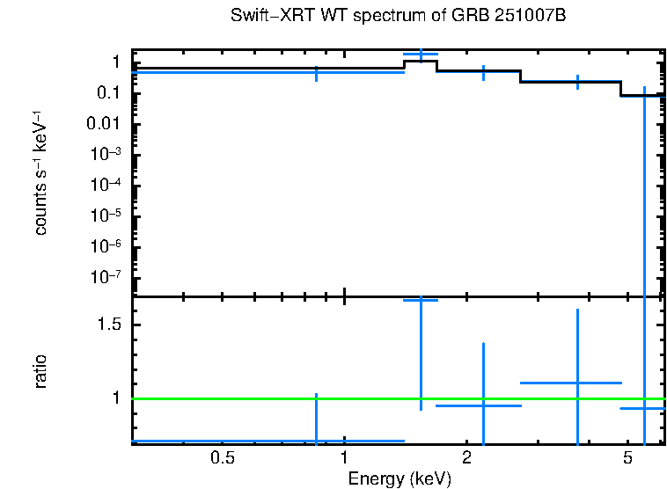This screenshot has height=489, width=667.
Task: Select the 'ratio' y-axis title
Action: pyautogui.click(x=40, y=371)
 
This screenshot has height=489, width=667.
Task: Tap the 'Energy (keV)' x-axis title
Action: pyautogui.click(x=399, y=479)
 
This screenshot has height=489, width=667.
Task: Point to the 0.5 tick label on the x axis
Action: pyautogui.click(x=223, y=458)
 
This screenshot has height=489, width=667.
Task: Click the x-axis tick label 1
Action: pyautogui.click(x=343, y=458)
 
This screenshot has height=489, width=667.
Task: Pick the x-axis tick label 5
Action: pyautogui.click(x=627, y=458)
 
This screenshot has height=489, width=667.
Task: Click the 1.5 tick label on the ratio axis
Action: pyautogui.click(x=108, y=325)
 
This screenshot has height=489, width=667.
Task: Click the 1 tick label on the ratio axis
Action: pyautogui.click(x=116, y=398)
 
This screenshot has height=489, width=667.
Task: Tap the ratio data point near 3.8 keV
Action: pyautogui.click(x=577, y=383)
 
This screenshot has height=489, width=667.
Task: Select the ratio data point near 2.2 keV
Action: pyautogui.click(x=483, y=405)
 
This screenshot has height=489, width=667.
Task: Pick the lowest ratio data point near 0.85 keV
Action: pyautogui.click(x=316, y=440)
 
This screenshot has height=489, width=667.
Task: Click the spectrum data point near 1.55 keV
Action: pyautogui.click(x=421, y=55)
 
